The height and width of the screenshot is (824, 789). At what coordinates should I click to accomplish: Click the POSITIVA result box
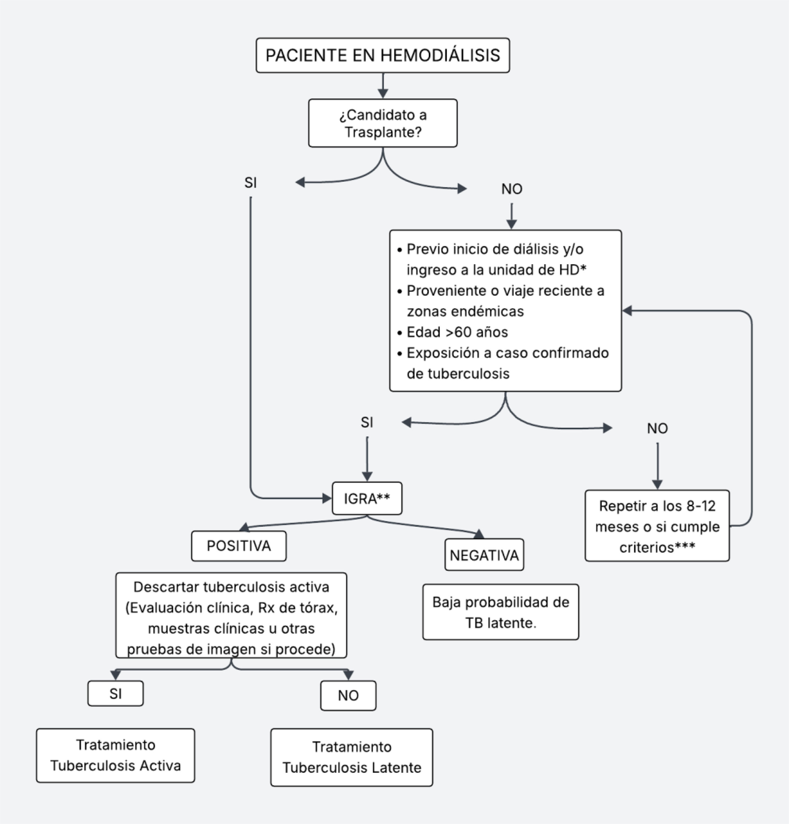click(x=239, y=546)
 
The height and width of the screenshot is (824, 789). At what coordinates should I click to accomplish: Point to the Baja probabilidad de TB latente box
click(x=500, y=612)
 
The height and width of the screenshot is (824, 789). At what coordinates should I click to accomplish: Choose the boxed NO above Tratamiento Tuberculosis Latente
click(x=348, y=695)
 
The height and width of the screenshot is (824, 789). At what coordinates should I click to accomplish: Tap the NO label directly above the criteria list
click(x=511, y=189)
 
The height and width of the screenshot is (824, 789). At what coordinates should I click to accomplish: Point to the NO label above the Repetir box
click(x=657, y=428)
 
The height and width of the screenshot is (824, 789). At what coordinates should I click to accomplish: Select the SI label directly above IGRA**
click(x=367, y=422)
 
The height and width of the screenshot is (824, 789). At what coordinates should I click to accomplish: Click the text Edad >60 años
click(x=457, y=332)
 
